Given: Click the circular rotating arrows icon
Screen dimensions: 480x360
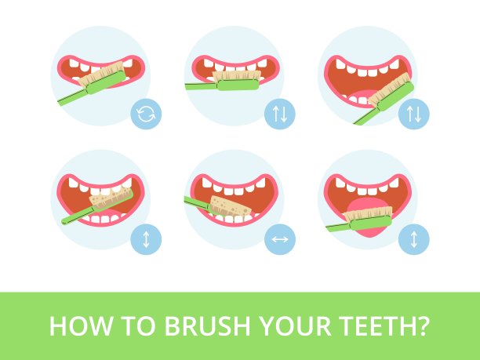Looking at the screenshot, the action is click(146, 114).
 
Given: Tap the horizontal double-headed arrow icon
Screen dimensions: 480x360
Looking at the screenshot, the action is click(280, 239).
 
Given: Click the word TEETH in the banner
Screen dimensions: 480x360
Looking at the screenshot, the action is click(377, 325).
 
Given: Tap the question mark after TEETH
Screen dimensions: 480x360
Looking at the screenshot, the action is click(424, 325).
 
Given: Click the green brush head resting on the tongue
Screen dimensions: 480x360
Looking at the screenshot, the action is click(371, 223).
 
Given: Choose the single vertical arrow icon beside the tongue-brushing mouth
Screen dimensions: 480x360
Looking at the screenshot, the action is click(413, 239).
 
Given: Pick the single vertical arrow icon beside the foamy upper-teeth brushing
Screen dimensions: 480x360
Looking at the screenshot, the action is click(146, 239).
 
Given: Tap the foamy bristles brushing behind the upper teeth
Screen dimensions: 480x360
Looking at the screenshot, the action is click(111, 198).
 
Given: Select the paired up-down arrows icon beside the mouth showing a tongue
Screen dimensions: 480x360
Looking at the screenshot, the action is click(413, 114).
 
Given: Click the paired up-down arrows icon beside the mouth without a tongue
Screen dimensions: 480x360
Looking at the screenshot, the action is click(280, 114).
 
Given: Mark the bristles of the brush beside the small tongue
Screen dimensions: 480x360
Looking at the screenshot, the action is click(389, 89).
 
